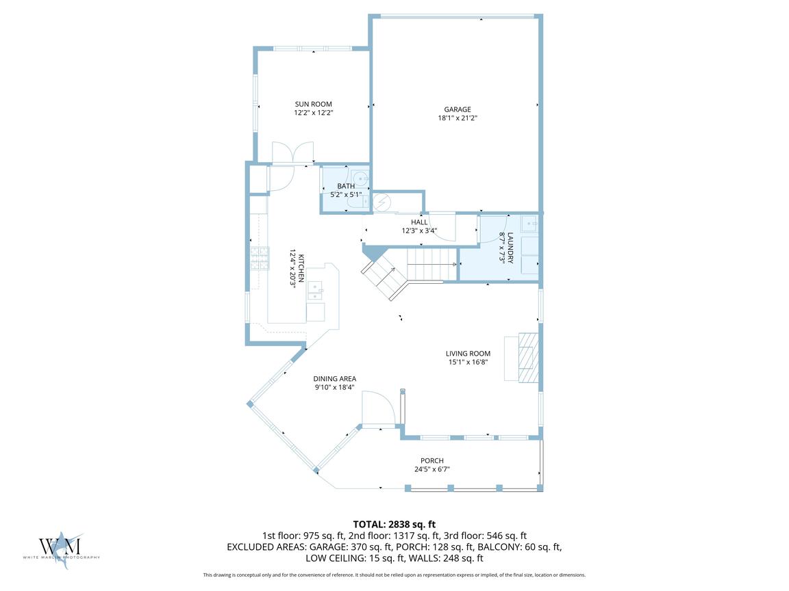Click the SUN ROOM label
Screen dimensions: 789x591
(x=314, y=104)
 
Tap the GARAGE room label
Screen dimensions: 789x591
(x=458, y=109)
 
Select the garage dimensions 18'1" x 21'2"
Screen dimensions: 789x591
(x=458, y=118)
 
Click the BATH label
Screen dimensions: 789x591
(x=346, y=186)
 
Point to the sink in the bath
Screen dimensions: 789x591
(x=360, y=179)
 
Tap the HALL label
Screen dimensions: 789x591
(x=419, y=222)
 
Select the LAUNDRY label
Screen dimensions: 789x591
(x=510, y=247)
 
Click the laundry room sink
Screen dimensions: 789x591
(x=529, y=223)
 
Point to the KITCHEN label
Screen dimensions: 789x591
(x=301, y=268)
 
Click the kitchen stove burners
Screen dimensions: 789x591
(x=260, y=259)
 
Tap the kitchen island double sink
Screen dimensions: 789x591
(x=316, y=291)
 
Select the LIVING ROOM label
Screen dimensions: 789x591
(x=468, y=353)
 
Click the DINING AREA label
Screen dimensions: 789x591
(x=335, y=378)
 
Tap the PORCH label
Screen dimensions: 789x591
(x=432, y=460)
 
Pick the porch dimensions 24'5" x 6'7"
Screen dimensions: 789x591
(x=432, y=469)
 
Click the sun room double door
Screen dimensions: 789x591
(x=293, y=153)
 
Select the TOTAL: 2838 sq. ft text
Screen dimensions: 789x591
(x=394, y=525)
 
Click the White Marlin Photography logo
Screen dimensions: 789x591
(x=61, y=549)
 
